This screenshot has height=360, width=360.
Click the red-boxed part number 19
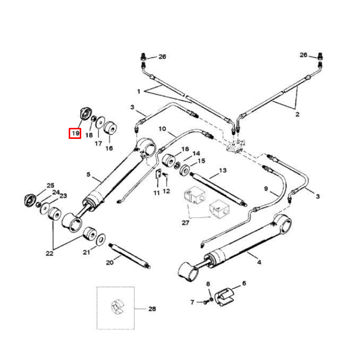(75, 133)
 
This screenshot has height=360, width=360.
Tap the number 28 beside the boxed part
(152, 309)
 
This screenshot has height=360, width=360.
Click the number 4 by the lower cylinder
(259, 262)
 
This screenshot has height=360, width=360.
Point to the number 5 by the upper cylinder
(88, 174)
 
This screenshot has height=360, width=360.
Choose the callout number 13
(223, 171)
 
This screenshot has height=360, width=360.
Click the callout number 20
(110, 262)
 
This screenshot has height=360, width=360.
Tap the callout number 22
(49, 253)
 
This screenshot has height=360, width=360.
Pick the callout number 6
(244, 283)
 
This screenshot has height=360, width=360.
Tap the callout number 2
(297, 115)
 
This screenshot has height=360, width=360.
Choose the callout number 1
(138, 92)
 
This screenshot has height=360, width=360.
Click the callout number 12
(166, 191)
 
